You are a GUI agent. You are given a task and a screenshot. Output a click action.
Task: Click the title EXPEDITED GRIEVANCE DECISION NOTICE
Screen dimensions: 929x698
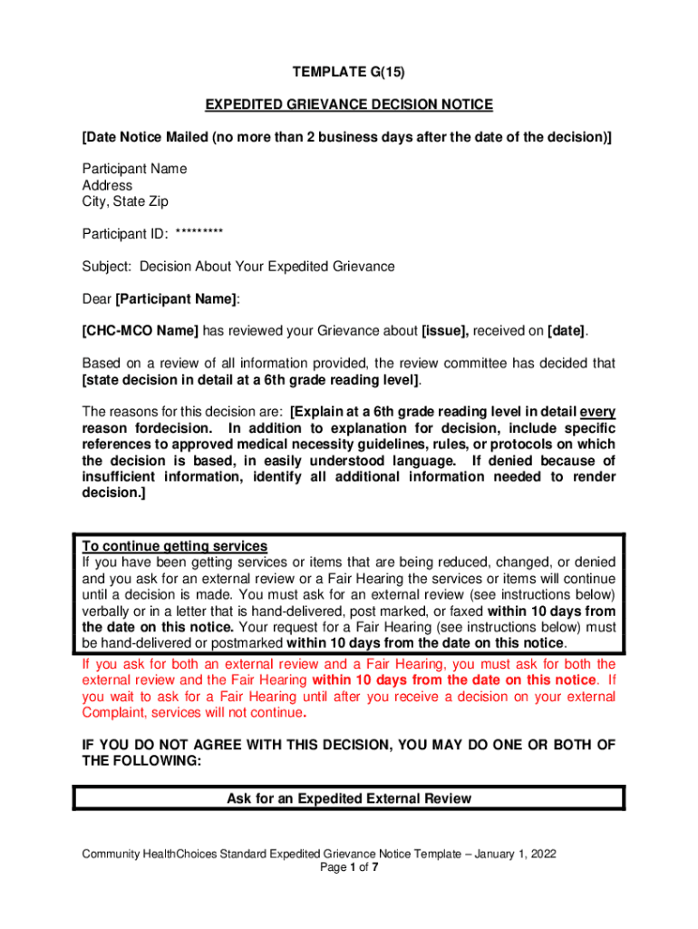pos(348,105)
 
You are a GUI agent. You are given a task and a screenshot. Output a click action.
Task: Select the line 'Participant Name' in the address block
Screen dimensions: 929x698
pos(134,169)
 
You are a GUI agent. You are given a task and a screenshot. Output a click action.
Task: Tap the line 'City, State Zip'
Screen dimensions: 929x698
pos(125,201)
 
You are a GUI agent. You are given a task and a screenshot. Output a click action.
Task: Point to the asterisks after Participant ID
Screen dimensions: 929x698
pos(199,234)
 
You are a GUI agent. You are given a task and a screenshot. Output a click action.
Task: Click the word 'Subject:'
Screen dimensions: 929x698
pos(107,267)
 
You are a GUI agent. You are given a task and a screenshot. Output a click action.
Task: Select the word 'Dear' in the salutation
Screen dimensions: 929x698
pos(97,299)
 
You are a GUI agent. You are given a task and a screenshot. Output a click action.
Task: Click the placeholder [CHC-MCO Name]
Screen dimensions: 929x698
pos(140,331)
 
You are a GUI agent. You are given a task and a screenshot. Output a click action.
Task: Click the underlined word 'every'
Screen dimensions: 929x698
pos(597,411)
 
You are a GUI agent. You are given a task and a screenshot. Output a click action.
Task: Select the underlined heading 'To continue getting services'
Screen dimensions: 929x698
pos(175,546)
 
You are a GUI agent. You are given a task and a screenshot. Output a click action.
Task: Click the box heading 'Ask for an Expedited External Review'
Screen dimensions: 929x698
pos(349,799)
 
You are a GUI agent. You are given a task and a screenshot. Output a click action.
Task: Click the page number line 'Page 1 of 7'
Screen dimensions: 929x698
pos(349,867)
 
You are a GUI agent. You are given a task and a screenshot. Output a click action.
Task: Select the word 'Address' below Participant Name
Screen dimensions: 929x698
pos(107,185)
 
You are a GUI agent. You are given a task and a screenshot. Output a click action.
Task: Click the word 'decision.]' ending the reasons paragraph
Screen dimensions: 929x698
pos(113,494)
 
